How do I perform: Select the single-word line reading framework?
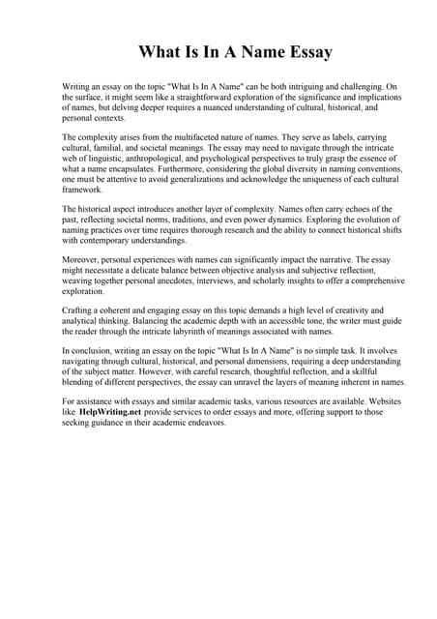(x=83, y=190)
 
